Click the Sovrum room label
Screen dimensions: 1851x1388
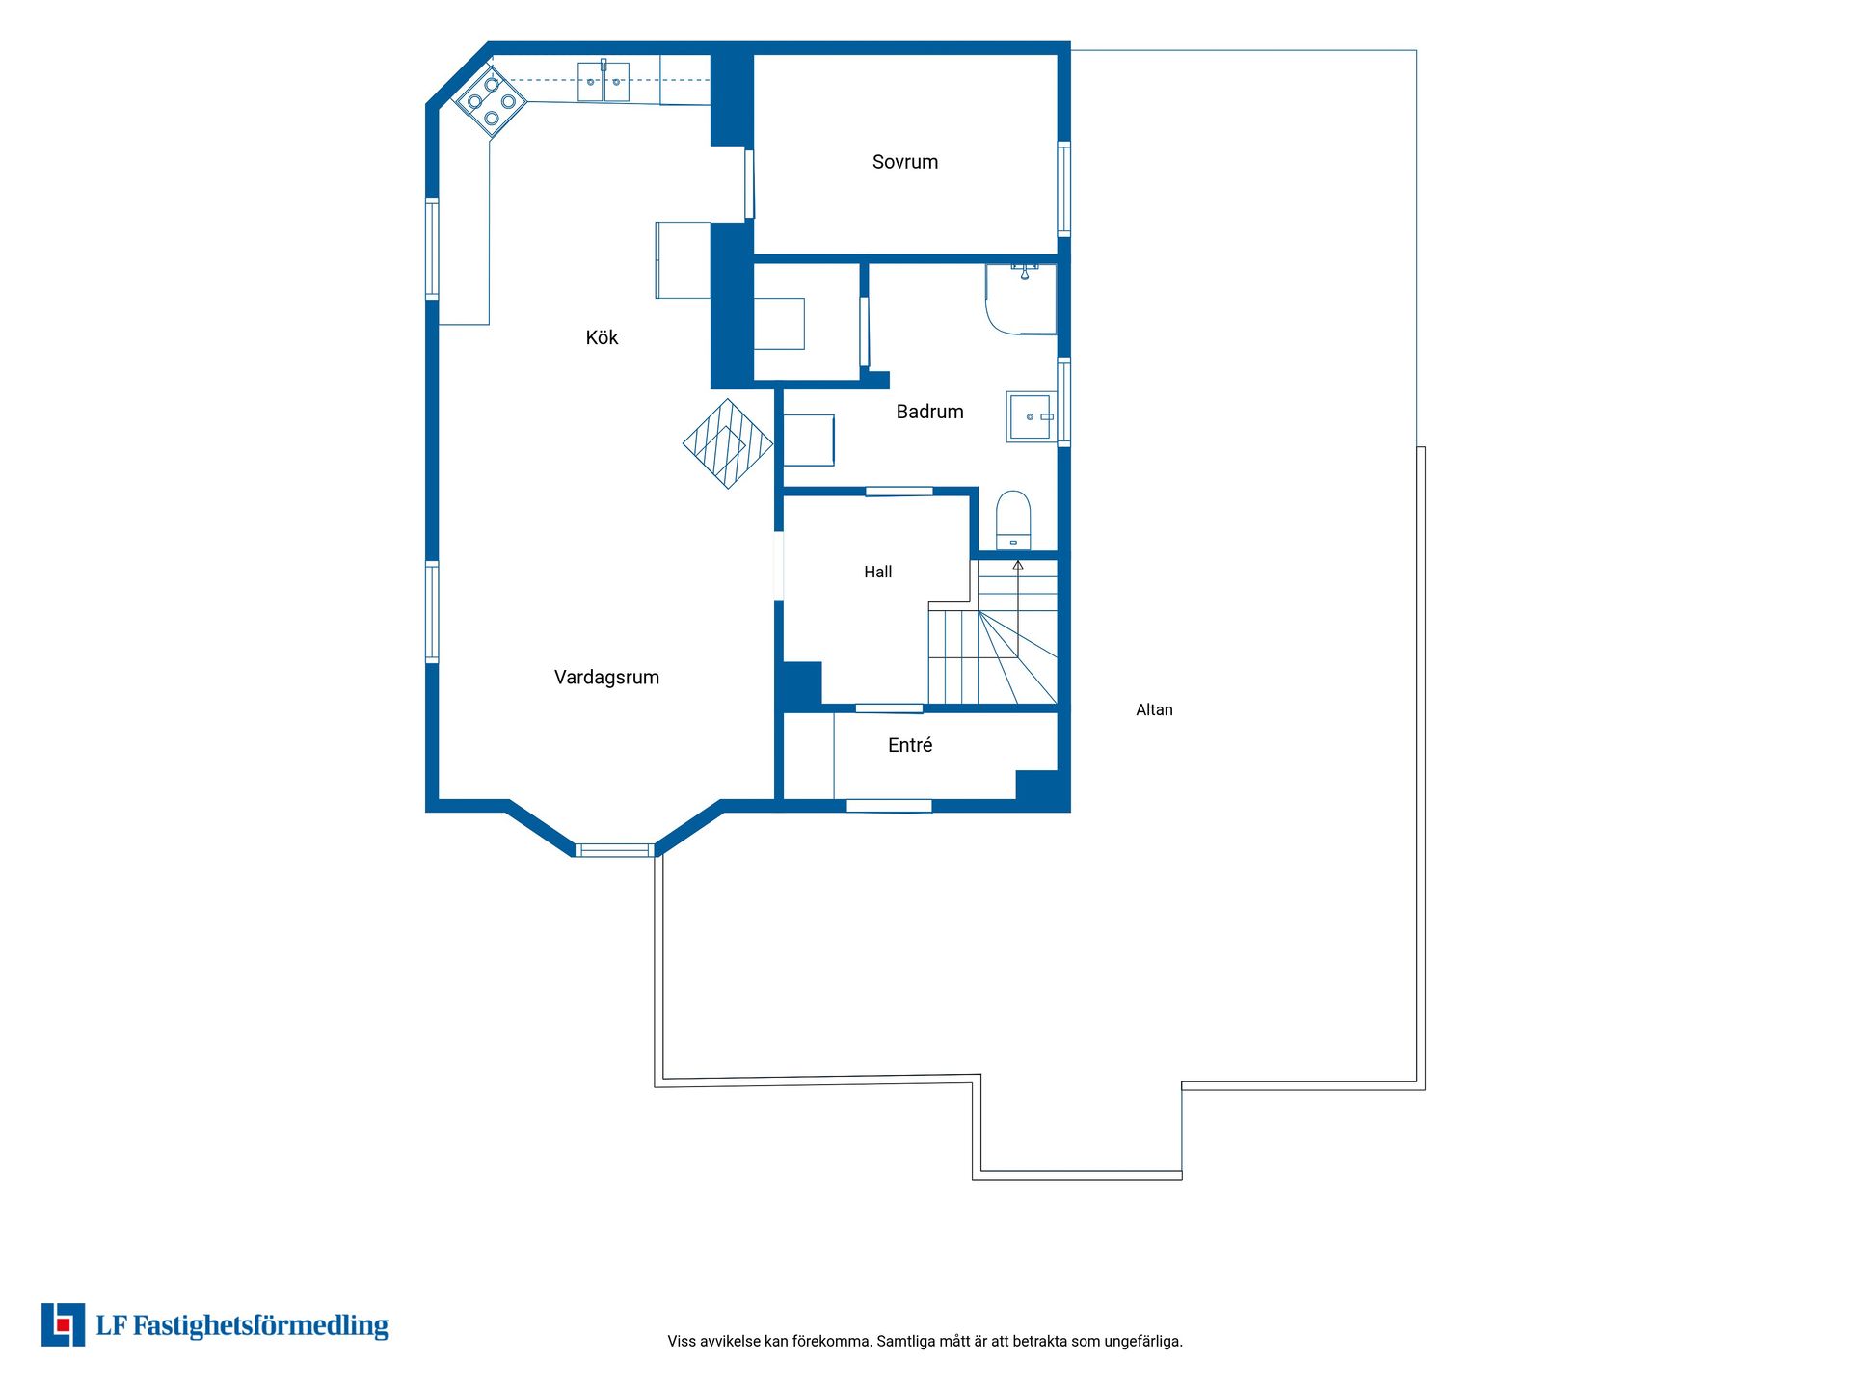(x=904, y=162)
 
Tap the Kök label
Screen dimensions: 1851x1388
(x=602, y=337)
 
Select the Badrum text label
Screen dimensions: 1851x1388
(x=929, y=412)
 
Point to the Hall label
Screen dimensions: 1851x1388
(x=877, y=572)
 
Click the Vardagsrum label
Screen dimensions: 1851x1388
(x=606, y=678)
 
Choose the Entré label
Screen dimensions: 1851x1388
(x=910, y=745)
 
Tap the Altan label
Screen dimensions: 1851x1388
(x=1154, y=710)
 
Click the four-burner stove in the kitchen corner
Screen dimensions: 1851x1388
(x=491, y=101)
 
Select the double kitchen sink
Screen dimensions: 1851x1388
(x=604, y=81)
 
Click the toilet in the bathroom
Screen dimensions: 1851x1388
(x=1013, y=520)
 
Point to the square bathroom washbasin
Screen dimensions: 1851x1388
(x=1031, y=416)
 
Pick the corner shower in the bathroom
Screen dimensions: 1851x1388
(x=1020, y=299)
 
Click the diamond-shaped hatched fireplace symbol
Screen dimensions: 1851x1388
(x=728, y=443)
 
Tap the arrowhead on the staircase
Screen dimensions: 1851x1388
(x=1018, y=565)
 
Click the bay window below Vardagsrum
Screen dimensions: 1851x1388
(x=614, y=850)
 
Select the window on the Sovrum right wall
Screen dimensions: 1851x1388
(x=1064, y=189)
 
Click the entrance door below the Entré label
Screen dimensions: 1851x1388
(x=889, y=806)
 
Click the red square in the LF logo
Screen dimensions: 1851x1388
(x=64, y=1325)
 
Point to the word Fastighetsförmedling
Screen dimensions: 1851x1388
(x=260, y=1326)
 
